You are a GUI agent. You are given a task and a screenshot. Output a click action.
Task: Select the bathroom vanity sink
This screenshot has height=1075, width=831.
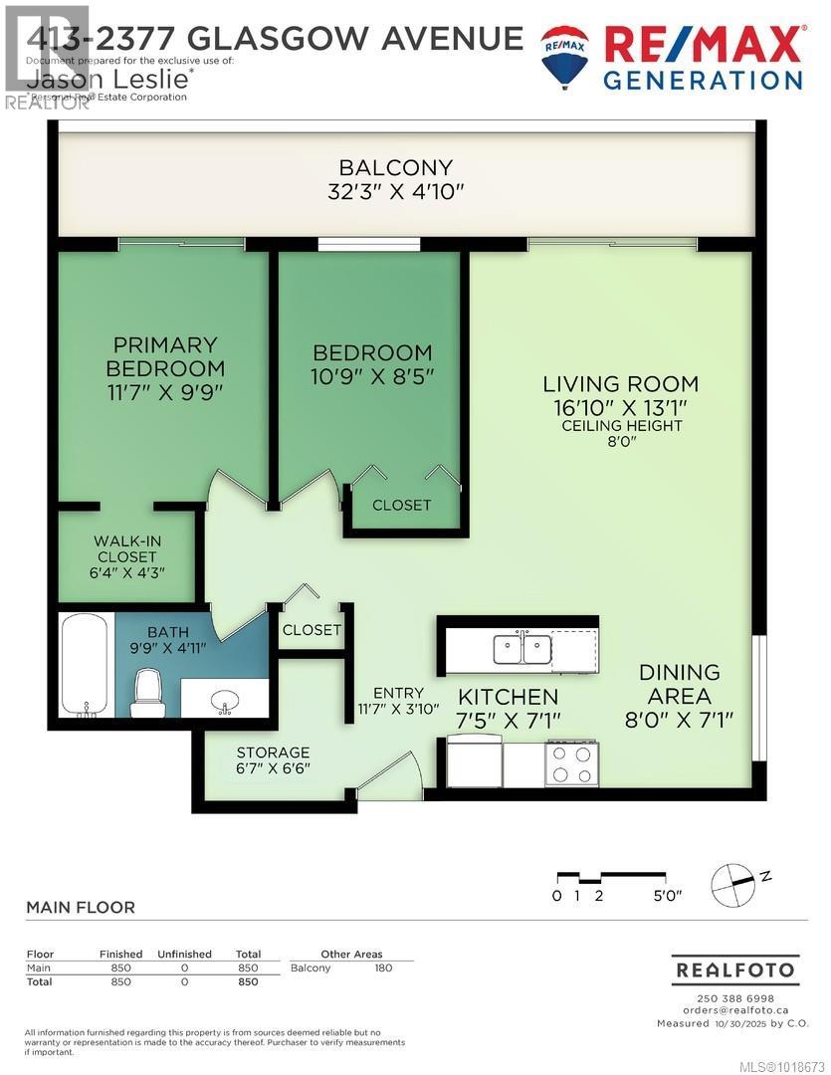226,701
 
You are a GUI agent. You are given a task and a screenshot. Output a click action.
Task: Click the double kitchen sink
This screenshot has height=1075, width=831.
522,650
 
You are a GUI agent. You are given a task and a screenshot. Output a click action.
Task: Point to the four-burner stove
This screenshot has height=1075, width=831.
570,764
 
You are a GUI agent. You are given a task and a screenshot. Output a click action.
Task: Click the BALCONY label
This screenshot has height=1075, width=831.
396,167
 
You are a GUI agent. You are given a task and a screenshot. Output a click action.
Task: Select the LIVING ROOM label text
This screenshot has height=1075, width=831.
620,383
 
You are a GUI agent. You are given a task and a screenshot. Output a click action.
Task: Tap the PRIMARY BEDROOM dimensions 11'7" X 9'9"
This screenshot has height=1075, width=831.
165,391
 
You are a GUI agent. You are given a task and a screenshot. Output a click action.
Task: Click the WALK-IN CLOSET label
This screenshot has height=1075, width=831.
127,548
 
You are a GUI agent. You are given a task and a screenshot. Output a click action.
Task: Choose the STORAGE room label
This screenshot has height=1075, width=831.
273,752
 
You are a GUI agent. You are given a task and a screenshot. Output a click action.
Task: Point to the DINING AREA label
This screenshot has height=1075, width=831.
680,684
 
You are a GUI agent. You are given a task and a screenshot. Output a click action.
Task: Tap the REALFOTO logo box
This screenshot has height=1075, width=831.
735,969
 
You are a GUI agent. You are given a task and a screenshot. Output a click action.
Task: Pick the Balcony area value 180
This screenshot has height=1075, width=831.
383,967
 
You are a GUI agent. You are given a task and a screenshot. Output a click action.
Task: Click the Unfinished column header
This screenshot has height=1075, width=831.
184,954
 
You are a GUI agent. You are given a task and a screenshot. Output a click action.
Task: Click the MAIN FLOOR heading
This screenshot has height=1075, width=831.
80,908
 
